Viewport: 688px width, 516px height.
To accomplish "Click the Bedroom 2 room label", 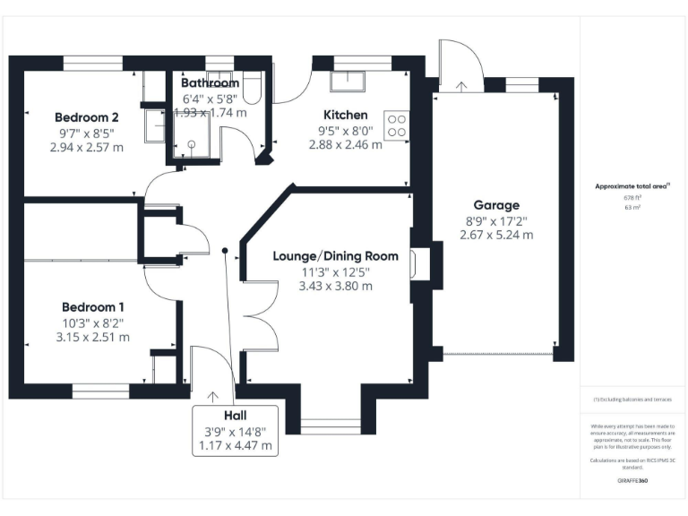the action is click(x=87, y=116).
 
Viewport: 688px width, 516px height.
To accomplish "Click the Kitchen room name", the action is click(x=346, y=115).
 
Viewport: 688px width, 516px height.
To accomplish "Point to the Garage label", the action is click(x=496, y=205).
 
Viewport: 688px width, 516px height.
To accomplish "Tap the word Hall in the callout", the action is click(x=235, y=416).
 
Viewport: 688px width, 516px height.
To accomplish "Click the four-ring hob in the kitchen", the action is click(x=396, y=125).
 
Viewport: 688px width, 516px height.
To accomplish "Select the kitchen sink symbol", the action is click(x=344, y=81).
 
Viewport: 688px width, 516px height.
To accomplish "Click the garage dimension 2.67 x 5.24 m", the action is click(x=496, y=236).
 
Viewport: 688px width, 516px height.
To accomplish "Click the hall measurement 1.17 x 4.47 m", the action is click(x=235, y=445).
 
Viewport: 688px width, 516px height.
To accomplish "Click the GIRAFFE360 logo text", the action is click(x=632, y=481).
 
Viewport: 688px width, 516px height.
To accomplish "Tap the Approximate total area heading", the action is click(x=632, y=186).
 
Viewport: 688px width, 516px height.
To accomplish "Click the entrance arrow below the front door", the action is click(x=213, y=395).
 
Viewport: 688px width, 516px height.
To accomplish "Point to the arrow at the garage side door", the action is click(x=461, y=86).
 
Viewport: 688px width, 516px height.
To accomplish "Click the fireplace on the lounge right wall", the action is click(x=417, y=264).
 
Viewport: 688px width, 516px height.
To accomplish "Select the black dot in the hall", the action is click(x=226, y=251).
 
